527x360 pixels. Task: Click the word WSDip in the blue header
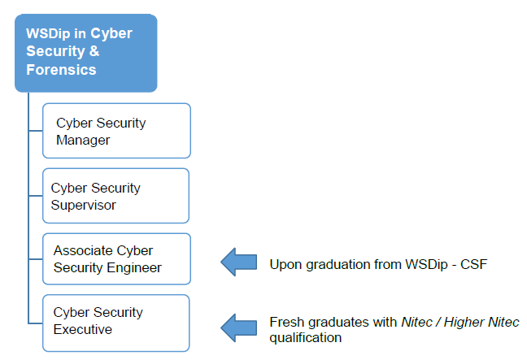pyautogui.click(x=48, y=34)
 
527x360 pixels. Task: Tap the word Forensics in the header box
pyautogui.click(x=61, y=70)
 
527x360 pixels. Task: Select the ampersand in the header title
pyautogui.click(x=94, y=51)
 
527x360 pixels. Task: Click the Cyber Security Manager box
pyautogui.click(x=116, y=131)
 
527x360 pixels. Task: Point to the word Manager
pyautogui.click(x=83, y=141)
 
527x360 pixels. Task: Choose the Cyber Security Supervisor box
pyautogui.click(x=116, y=196)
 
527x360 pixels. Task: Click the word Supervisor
pyautogui.click(x=83, y=205)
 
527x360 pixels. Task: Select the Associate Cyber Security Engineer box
pyautogui.click(x=116, y=259)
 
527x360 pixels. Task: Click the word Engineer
pyautogui.click(x=133, y=268)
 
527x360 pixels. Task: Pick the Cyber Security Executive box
pyautogui.click(x=116, y=323)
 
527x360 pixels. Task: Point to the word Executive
pyautogui.click(x=83, y=329)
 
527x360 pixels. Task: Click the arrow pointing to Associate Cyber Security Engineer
pyautogui.click(x=239, y=262)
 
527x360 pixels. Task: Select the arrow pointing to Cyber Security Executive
pyautogui.click(x=239, y=327)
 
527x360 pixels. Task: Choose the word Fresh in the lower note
pyautogui.click(x=287, y=322)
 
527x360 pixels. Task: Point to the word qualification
pyautogui.click(x=306, y=338)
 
